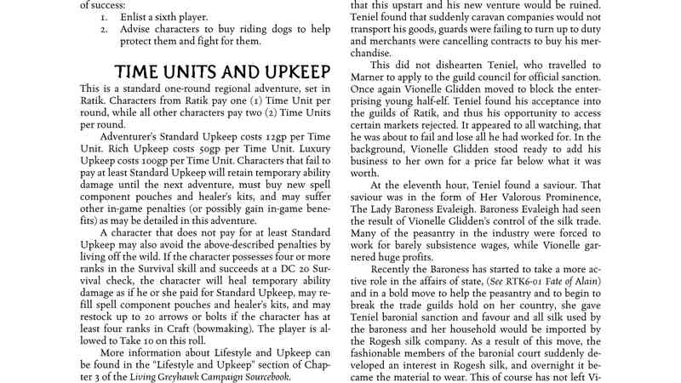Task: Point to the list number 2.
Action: click(x=103, y=29)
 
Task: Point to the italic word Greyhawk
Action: click(x=171, y=377)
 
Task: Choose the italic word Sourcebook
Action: click(x=265, y=377)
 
